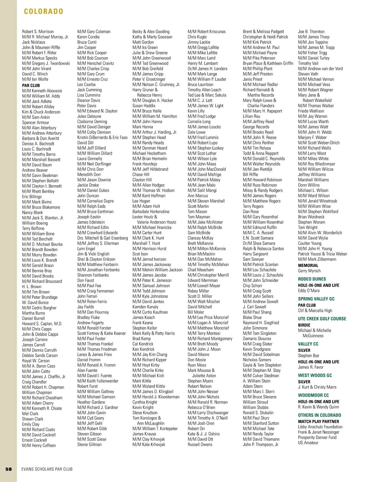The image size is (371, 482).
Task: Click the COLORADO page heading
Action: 44,11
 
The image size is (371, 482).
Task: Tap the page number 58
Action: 8,469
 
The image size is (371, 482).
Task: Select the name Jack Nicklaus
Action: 34,42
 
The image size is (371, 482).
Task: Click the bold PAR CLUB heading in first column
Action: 31,85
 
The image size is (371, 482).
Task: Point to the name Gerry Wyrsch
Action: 309,271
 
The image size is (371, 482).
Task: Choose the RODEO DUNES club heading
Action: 312,279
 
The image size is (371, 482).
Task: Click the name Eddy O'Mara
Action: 309,290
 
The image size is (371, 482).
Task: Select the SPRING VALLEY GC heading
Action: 316,299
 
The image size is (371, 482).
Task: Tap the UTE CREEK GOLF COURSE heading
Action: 322,319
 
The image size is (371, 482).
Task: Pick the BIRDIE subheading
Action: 304,325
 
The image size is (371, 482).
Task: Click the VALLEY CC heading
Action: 308,344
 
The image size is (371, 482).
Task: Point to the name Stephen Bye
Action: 309,355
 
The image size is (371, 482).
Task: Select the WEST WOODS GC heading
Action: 315,376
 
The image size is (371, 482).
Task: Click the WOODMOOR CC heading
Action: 313,395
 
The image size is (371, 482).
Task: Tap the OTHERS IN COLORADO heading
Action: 319,415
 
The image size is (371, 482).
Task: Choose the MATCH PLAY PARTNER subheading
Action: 318,421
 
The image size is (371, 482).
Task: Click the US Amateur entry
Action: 308,443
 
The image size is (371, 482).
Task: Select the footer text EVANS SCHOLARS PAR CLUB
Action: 47,469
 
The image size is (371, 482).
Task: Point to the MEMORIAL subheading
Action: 308,265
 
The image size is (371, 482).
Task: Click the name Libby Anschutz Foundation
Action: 320,427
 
